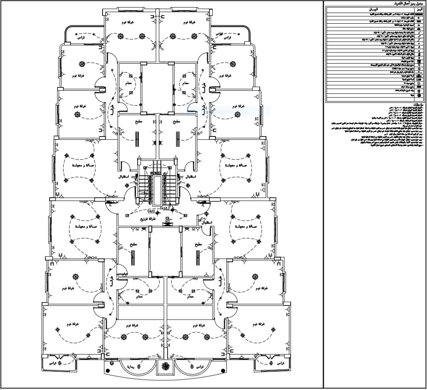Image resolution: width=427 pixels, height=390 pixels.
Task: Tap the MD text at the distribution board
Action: coord(167,222)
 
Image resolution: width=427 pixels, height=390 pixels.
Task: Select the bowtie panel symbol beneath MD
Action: coord(167,227)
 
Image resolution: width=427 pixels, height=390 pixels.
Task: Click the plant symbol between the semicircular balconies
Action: coord(166,366)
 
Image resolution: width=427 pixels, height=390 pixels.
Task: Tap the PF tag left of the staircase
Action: coord(134,177)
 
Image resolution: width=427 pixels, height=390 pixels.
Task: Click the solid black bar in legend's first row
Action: coord(418,14)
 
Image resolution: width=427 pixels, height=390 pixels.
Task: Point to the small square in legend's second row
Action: coord(418,18)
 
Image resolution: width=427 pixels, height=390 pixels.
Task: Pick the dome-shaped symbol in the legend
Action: coord(418,29)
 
